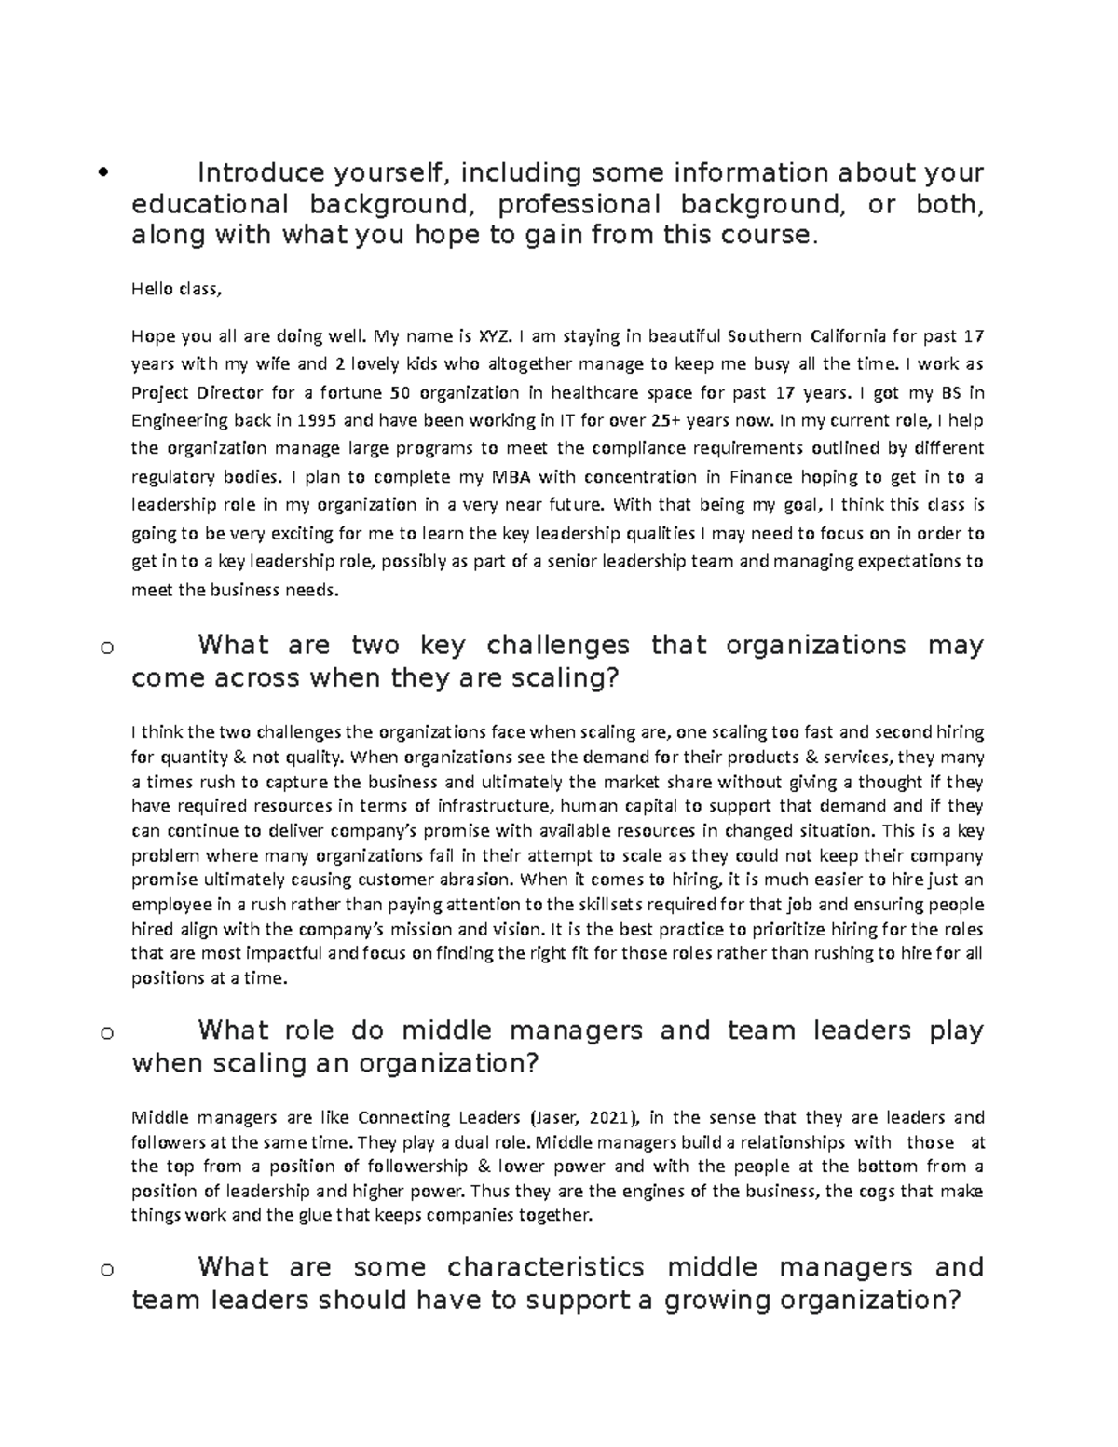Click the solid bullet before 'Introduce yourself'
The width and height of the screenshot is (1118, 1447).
coord(102,172)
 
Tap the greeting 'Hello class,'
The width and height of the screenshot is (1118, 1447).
coord(177,289)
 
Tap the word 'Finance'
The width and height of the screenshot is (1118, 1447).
coord(761,477)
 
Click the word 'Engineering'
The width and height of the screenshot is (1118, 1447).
coord(173,420)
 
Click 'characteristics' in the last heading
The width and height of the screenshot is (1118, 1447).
coord(546,1267)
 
